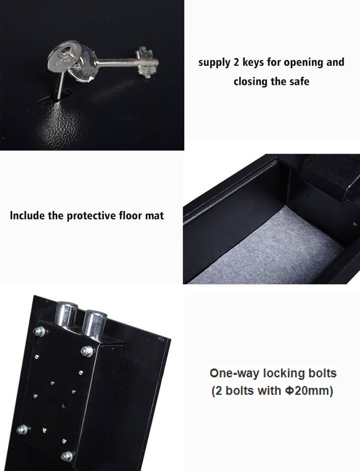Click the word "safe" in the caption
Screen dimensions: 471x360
click(x=298, y=81)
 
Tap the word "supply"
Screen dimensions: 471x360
click(x=215, y=62)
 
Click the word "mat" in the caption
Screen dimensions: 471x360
click(x=155, y=215)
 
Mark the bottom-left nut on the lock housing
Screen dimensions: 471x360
click(x=22, y=429)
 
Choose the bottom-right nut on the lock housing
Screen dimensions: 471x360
click(x=68, y=456)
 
